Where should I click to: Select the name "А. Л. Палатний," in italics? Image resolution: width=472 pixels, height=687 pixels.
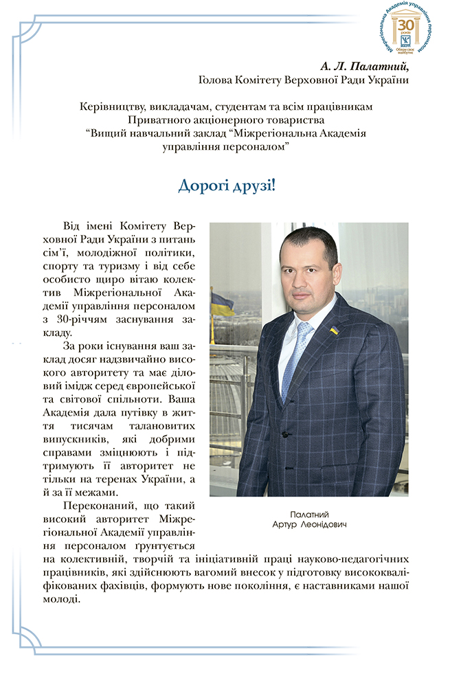click(364, 67)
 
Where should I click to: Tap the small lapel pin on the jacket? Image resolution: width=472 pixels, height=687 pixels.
click(334, 330)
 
